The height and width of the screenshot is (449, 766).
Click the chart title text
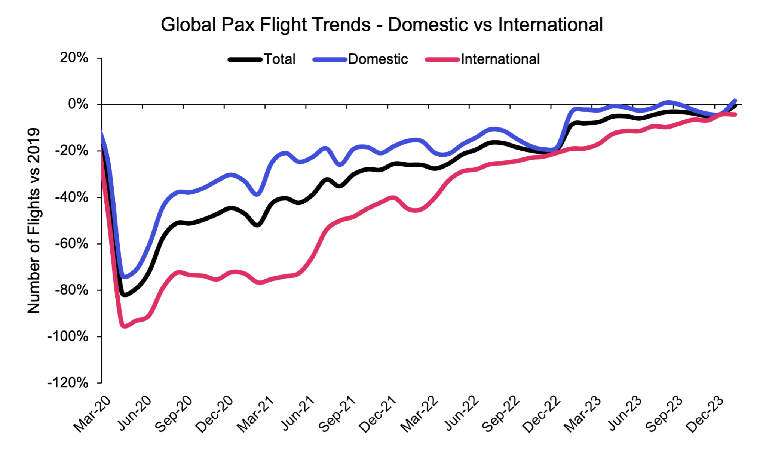pyautogui.click(x=382, y=25)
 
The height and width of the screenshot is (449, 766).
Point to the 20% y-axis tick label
pyautogui.click(x=74, y=58)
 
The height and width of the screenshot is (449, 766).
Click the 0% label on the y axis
pyautogui.click(x=78, y=104)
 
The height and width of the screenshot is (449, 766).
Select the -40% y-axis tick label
pyautogui.click(x=71, y=197)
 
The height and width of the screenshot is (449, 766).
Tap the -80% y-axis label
pyautogui.click(x=71, y=290)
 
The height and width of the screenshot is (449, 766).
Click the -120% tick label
pyautogui.click(x=68, y=383)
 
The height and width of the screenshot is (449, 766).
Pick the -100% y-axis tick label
pyautogui.click(x=68, y=336)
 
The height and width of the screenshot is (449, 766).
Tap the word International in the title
pyautogui.click(x=550, y=25)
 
